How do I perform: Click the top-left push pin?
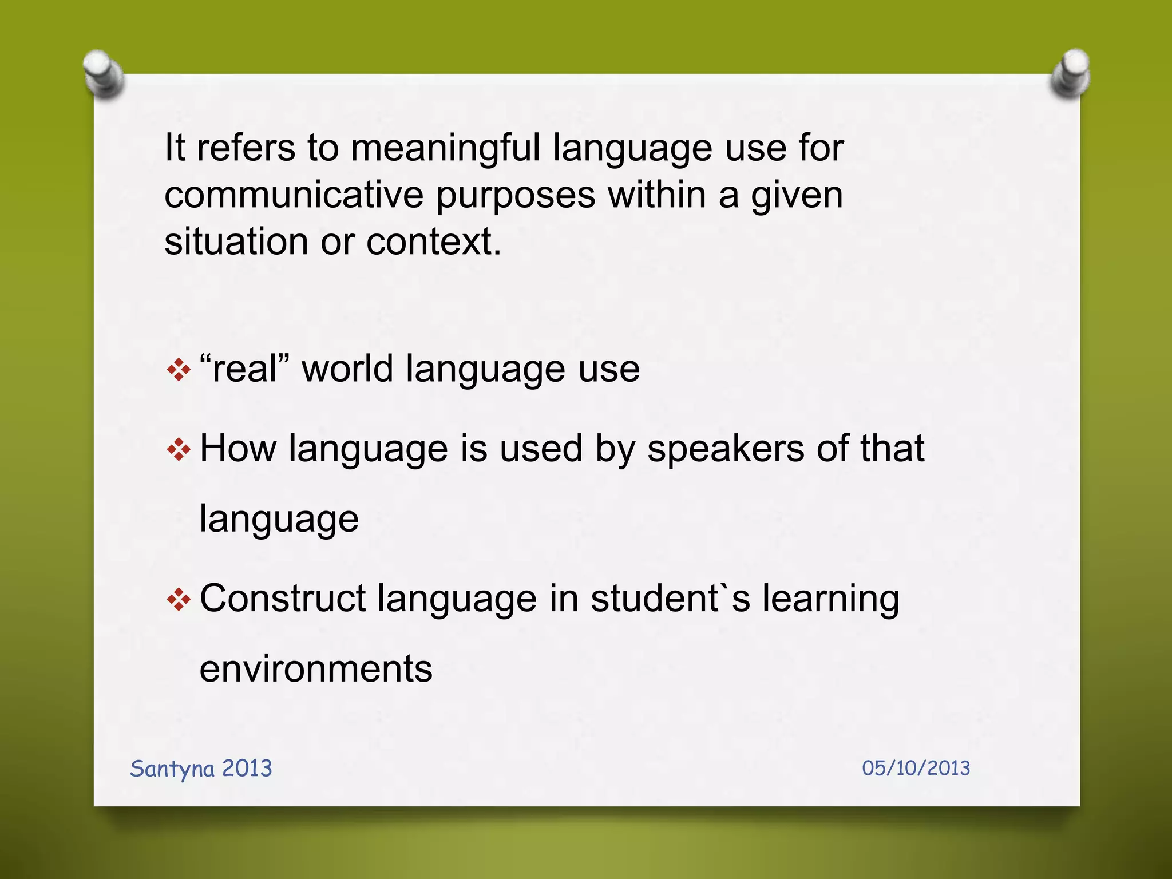[104, 74]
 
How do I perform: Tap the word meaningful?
[445, 148]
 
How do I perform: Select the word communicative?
[294, 195]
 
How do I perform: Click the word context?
[433, 241]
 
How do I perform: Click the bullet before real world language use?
[179, 370]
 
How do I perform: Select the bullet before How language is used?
[179, 449]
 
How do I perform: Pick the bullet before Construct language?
[179, 600]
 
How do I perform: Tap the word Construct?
[283, 599]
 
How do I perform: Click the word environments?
[316, 668]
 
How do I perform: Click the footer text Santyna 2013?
[201, 769]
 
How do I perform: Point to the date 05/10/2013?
[916, 768]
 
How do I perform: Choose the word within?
[656, 195]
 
